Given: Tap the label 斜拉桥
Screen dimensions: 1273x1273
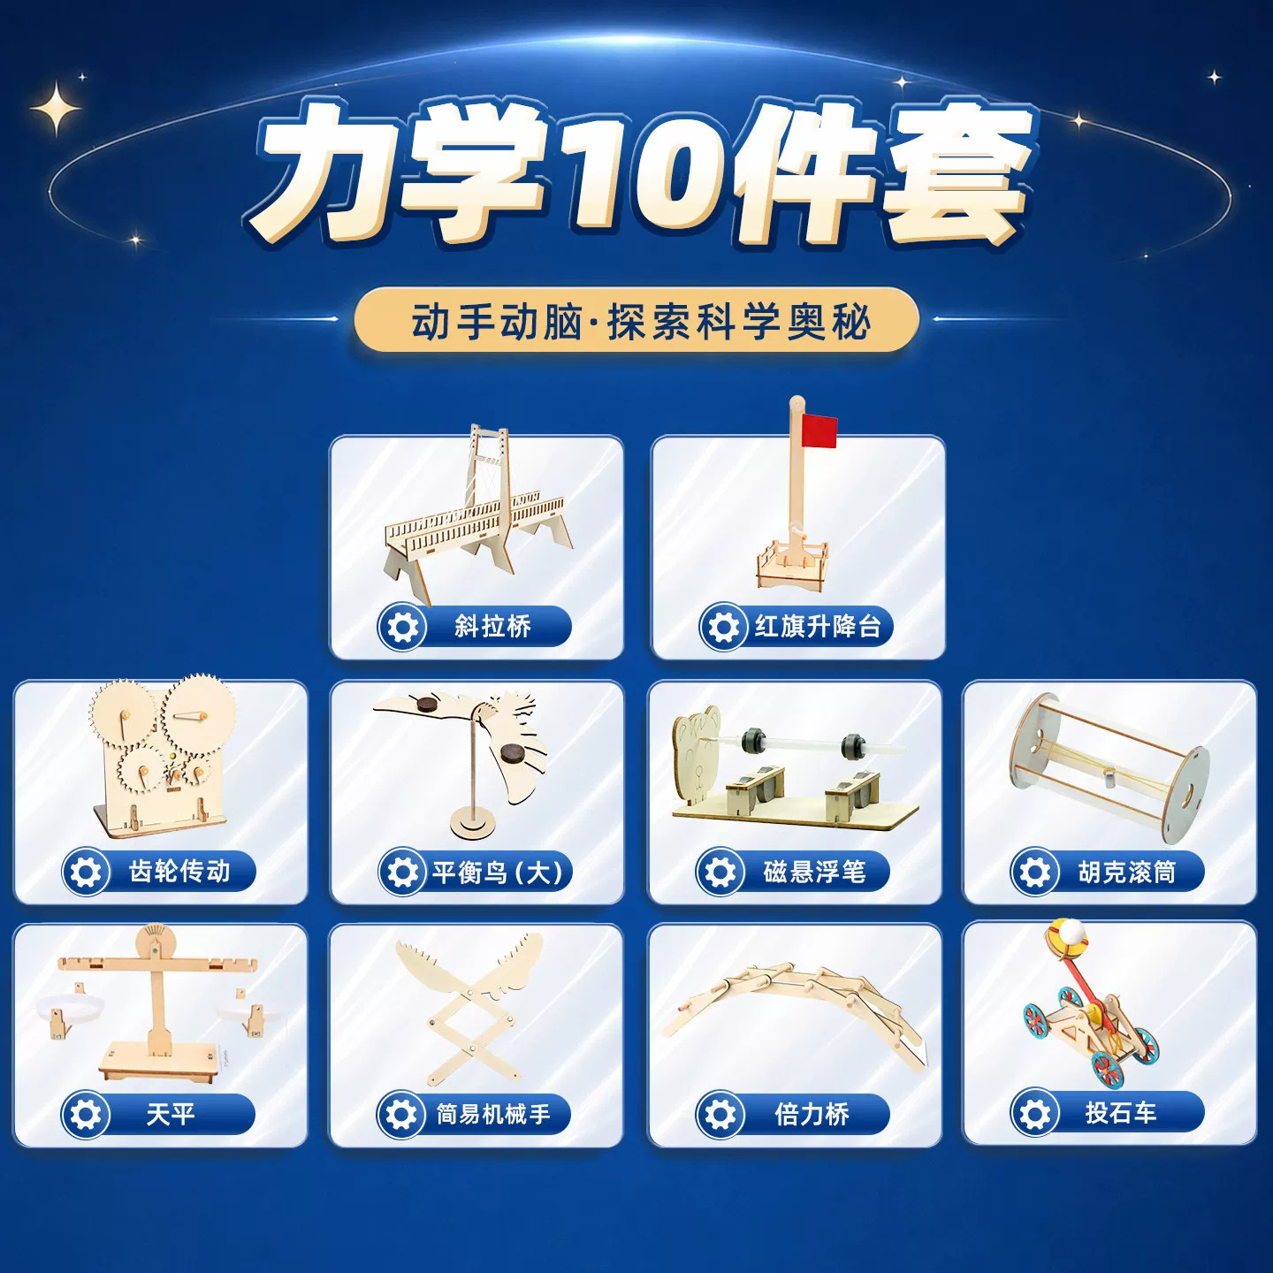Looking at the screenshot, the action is [492, 626].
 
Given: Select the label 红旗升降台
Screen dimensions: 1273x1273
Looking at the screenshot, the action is [818, 626].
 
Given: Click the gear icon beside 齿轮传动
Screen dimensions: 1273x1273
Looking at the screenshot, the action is [86, 872].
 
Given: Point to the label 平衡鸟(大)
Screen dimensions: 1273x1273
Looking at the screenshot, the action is [498, 872].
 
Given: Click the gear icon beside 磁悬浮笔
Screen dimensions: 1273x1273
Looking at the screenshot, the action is [720, 872].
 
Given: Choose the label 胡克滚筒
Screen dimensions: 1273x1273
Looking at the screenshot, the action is [1127, 872].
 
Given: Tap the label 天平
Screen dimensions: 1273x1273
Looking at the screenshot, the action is [171, 1115].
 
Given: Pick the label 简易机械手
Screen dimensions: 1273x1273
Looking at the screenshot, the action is [492, 1115].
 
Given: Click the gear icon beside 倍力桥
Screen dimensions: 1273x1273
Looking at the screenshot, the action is [720, 1115].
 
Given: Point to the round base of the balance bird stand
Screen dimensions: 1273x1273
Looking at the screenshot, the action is [472, 825].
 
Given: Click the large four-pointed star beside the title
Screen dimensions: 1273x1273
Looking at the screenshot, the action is [57, 107].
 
